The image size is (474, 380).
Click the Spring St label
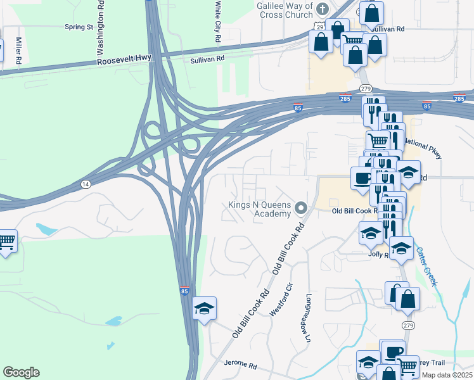click(79, 27)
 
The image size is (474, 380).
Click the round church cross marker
click(323, 8)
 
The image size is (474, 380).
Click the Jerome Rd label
click(240, 365)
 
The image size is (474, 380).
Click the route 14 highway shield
click(85, 184)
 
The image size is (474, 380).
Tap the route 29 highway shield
click(320, 26)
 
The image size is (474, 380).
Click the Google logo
click(21, 372)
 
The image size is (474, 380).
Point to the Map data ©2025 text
click(447, 375)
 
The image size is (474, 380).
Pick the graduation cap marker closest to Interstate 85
click(205, 308)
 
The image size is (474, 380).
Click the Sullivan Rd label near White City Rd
click(208, 58)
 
